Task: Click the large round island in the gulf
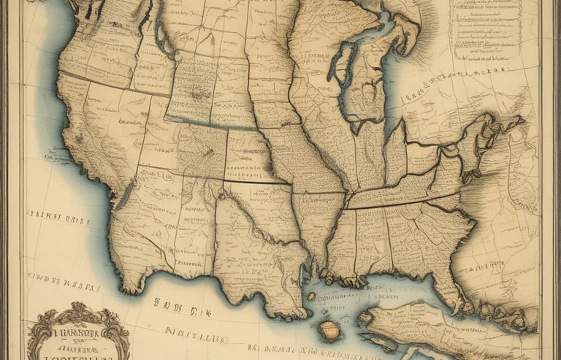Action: [x=330, y=330]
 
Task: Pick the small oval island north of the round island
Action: [x=311, y=296]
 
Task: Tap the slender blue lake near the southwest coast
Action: [x=125, y=194]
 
